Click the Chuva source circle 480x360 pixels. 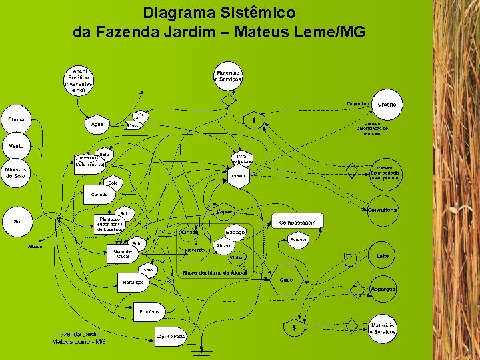pyautogui.click(x=17, y=121)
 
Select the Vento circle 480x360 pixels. pyautogui.click(x=17, y=145)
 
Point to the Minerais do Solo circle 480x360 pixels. pyautogui.click(x=16, y=173)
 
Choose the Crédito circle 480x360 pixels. pyautogui.click(x=387, y=105)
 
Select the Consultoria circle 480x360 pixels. pyautogui.click(x=383, y=211)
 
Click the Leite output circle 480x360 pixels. pyautogui.click(x=382, y=256)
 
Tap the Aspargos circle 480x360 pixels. pyautogui.click(x=383, y=289)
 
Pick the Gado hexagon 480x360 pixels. pyautogui.click(x=286, y=281)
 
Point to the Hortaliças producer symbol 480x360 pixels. pyautogui.click(x=134, y=283)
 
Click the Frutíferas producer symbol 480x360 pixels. pyautogui.click(x=150, y=311)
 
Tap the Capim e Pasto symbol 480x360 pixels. pyautogui.click(x=170, y=336)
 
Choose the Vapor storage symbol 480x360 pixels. pyautogui.click(x=225, y=211)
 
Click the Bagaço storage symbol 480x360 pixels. pyautogui.click(x=235, y=232)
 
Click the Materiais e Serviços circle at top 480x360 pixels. pyautogui.click(x=228, y=76)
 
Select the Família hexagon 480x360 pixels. pyautogui.click(x=239, y=176)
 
